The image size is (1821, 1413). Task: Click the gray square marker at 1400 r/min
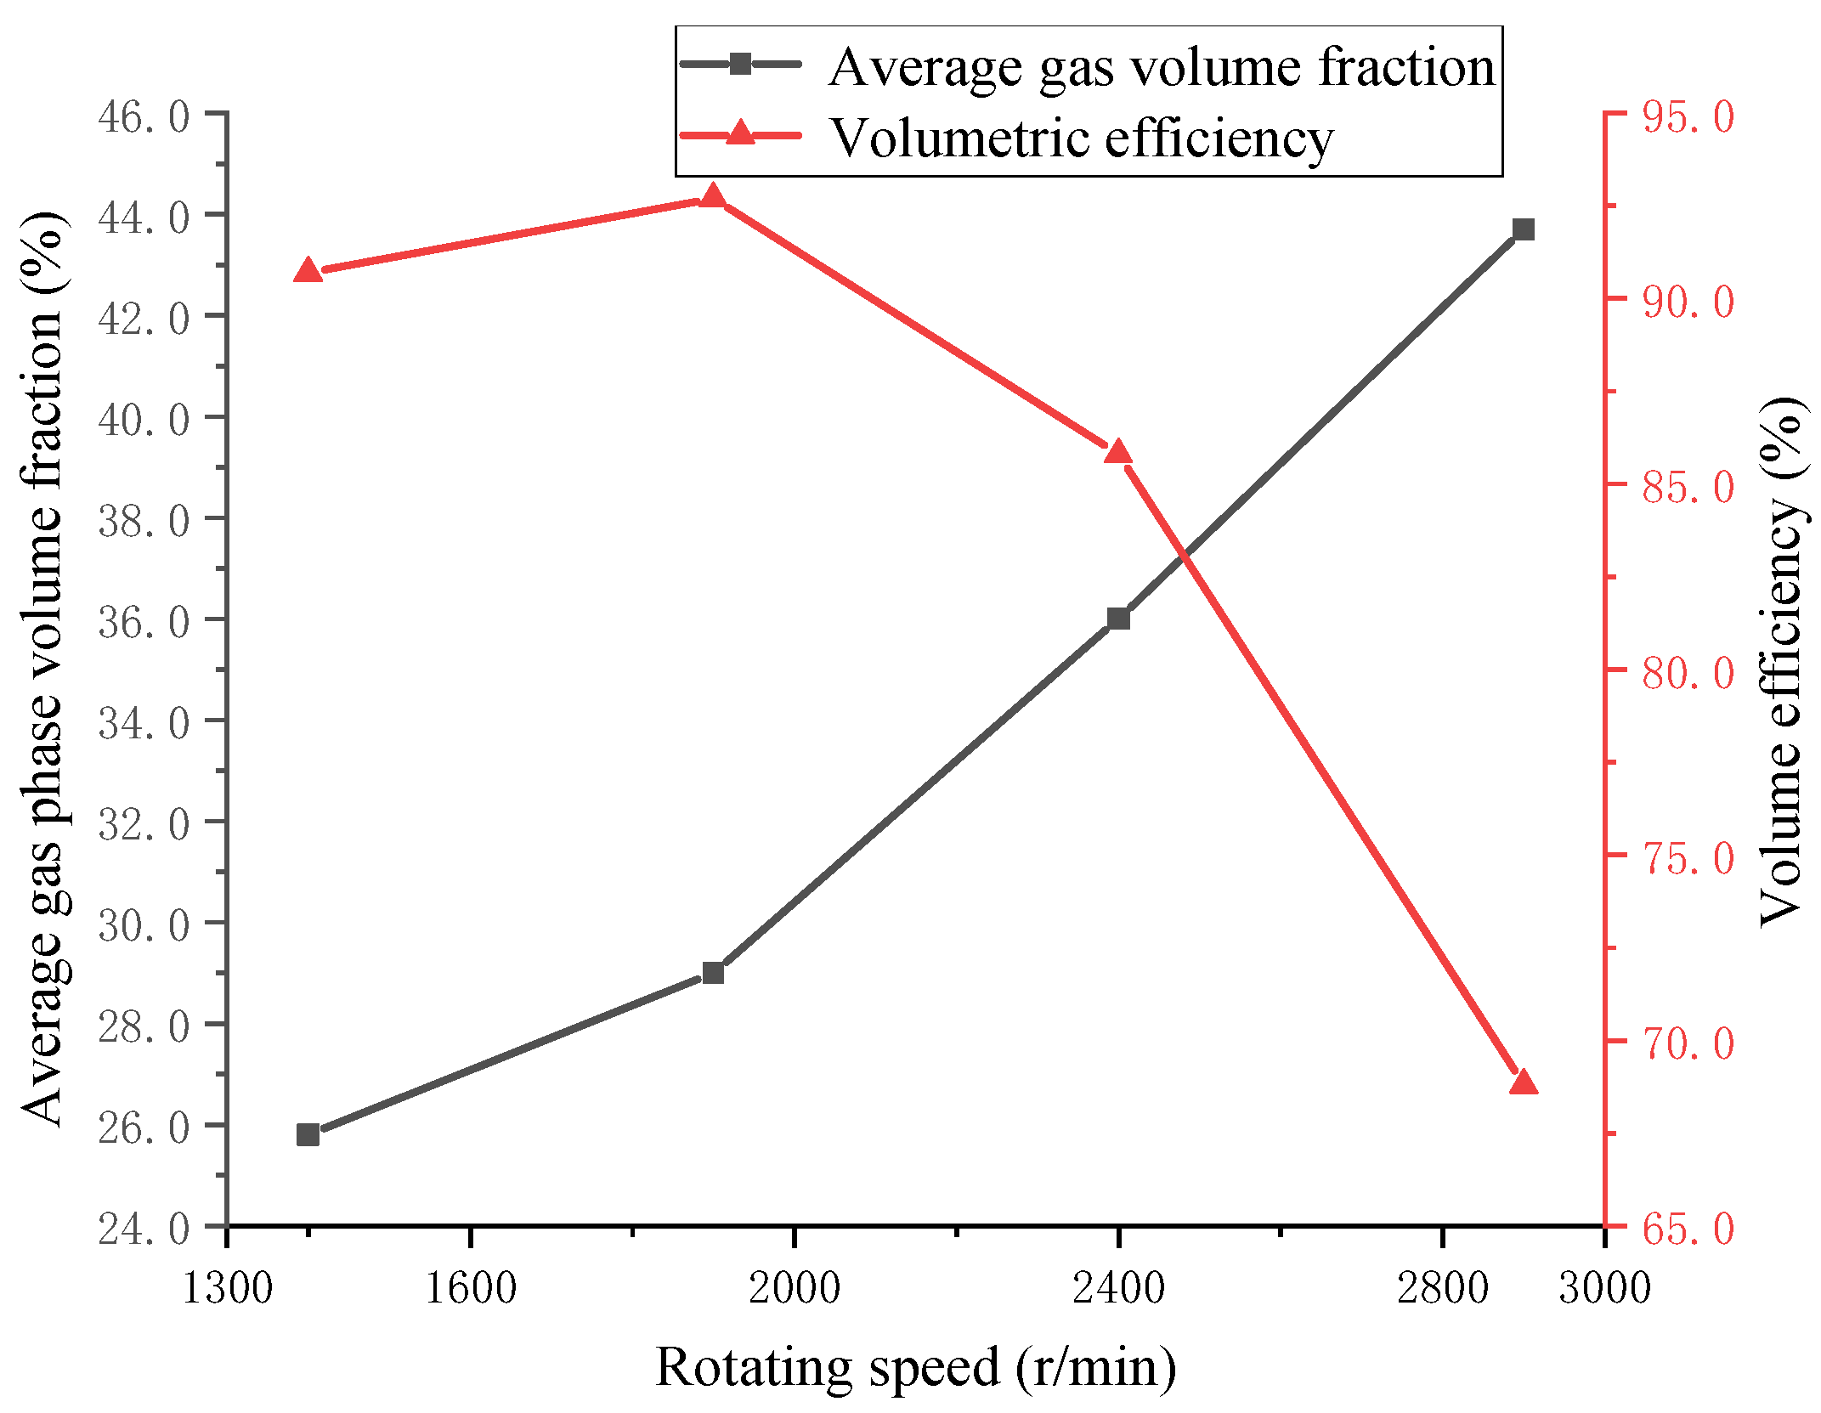click(308, 1134)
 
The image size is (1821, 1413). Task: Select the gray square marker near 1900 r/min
click(713, 972)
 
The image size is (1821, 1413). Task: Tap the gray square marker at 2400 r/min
click(1118, 619)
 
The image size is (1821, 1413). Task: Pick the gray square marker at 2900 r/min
click(1524, 229)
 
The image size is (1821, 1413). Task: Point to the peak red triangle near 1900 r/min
click(713, 197)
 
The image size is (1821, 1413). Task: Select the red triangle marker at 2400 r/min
click(1118, 452)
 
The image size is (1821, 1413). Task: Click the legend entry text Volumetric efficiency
click(1081, 138)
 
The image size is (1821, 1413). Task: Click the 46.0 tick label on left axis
click(144, 116)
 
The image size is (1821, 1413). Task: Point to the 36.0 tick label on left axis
click(144, 622)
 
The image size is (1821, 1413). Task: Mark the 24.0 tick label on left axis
click(144, 1229)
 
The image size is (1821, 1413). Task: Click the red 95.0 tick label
click(1688, 116)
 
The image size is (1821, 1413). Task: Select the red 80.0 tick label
click(1688, 673)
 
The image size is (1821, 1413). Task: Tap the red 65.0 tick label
click(1688, 1229)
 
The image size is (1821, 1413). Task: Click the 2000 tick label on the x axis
click(794, 1288)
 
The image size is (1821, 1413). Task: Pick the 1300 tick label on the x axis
click(227, 1288)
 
